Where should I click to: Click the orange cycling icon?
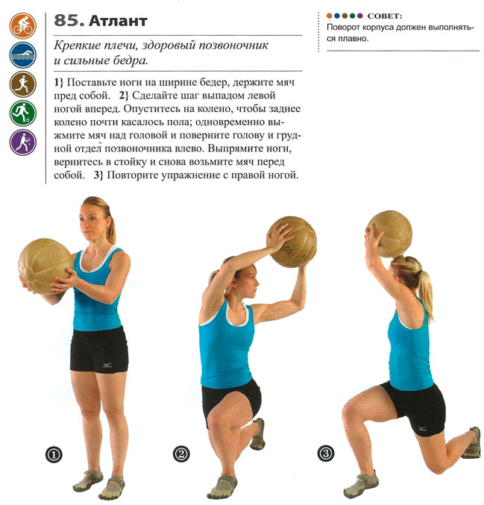pyautogui.click(x=23, y=26)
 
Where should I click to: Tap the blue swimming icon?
pyautogui.click(x=23, y=54)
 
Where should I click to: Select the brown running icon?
pyautogui.click(x=23, y=84)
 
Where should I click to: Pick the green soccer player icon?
pyautogui.click(x=23, y=113)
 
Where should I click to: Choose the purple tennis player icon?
pyautogui.click(x=23, y=142)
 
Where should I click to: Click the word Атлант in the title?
pyautogui.click(x=118, y=21)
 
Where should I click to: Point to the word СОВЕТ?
pyautogui.click(x=385, y=16)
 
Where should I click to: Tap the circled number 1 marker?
pyautogui.click(x=54, y=455)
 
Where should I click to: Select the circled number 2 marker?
pyautogui.click(x=181, y=454)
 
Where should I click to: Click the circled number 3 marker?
pyautogui.click(x=326, y=454)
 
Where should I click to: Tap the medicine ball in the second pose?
pyautogui.click(x=292, y=242)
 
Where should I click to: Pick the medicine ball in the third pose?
pyautogui.click(x=390, y=234)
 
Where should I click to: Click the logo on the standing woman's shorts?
pyautogui.click(x=107, y=366)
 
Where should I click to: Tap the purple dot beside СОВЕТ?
pyautogui.click(x=359, y=16)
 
